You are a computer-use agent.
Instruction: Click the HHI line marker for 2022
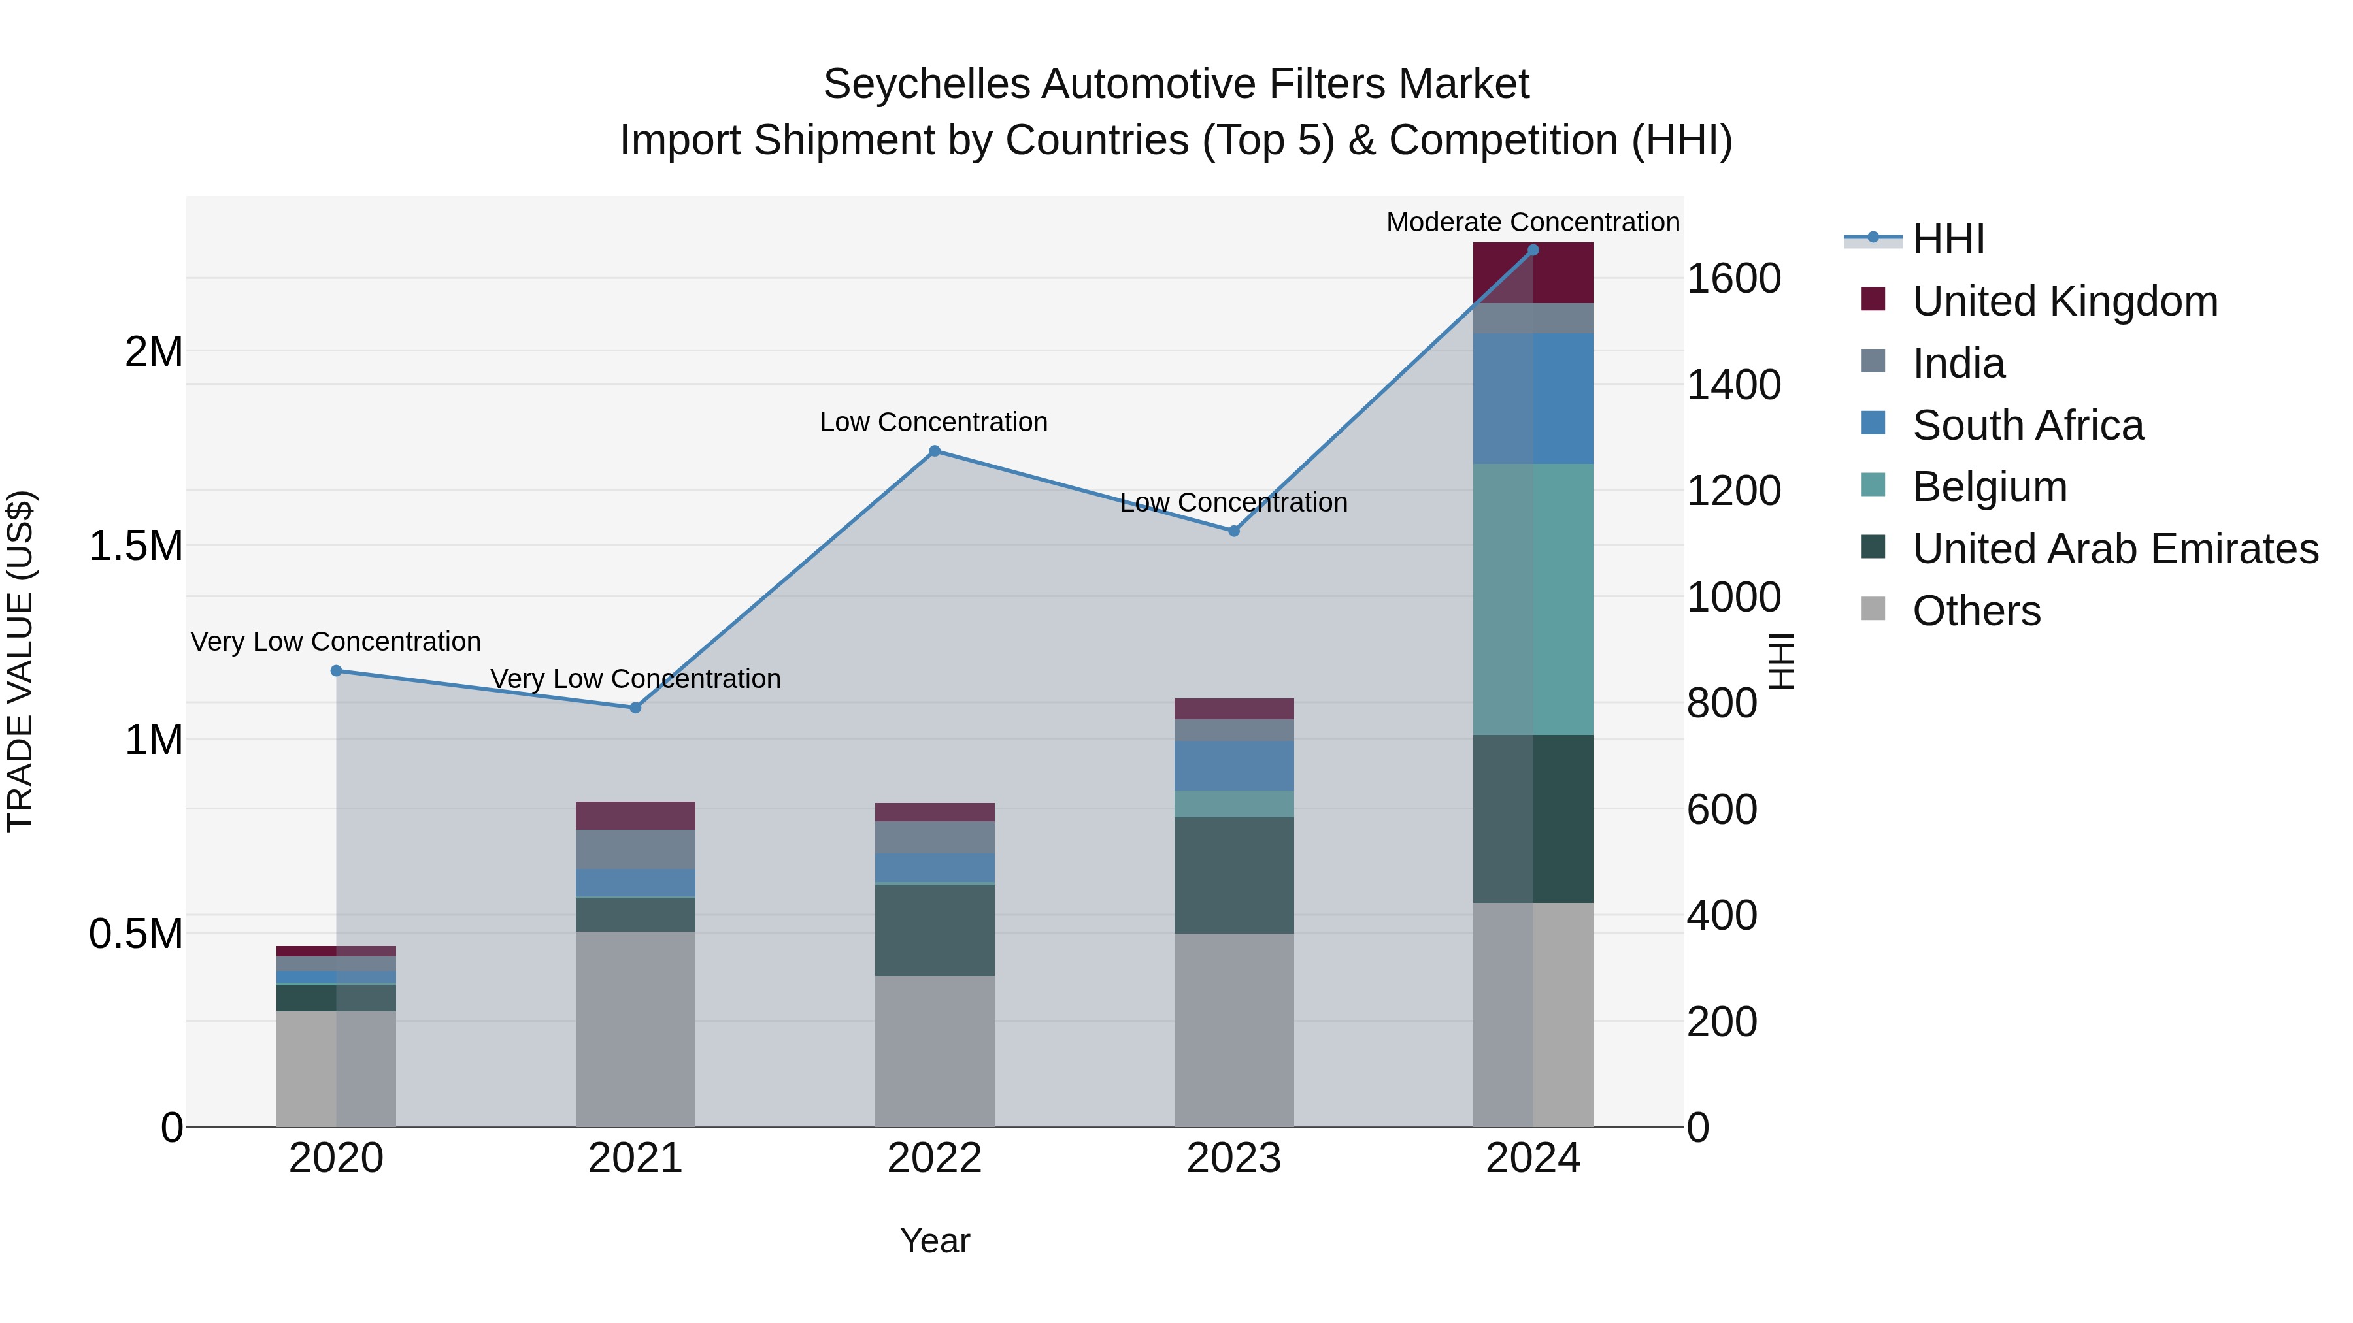click(x=935, y=451)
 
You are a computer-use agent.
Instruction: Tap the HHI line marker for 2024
click(x=1533, y=250)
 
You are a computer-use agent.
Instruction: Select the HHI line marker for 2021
click(x=636, y=708)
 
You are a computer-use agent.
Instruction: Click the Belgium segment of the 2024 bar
click(x=1533, y=599)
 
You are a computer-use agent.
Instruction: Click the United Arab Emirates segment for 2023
click(x=1233, y=875)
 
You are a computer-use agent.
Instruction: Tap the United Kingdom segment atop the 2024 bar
click(x=1533, y=274)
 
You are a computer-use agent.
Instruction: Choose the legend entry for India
click(x=1958, y=363)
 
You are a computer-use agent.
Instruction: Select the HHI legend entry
click(x=1948, y=239)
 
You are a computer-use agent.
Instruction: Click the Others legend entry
click(x=1976, y=611)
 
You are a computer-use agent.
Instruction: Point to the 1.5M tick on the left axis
click(x=136, y=546)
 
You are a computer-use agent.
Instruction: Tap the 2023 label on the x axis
click(x=1233, y=1158)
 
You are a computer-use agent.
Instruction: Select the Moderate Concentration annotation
click(x=1532, y=222)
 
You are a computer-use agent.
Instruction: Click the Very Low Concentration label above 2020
click(x=335, y=642)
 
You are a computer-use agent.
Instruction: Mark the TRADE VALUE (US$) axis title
click(x=20, y=661)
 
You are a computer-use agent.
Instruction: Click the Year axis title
click(x=935, y=1241)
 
